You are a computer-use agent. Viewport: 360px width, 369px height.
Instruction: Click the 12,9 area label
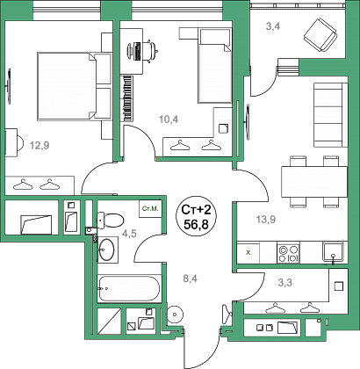coord(40,145)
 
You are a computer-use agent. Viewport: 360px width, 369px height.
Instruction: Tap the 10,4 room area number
coord(169,119)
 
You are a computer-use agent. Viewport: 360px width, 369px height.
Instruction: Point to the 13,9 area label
coord(266,219)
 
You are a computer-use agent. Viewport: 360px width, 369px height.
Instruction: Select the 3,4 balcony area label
coord(273,26)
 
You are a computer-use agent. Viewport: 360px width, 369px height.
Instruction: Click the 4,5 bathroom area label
coord(129,234)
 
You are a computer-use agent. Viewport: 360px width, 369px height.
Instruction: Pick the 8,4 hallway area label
coord(191,279)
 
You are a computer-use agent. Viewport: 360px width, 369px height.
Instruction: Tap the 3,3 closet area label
coord(284,283)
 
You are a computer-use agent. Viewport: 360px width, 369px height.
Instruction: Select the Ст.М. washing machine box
coord(150,209)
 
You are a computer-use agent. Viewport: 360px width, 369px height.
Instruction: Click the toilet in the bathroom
coord(111,220)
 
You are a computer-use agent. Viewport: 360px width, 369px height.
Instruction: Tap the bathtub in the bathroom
coord(129,288)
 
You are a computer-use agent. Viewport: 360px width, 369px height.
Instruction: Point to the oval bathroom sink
coord(106,250)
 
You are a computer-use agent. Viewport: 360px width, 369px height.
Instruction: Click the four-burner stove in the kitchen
coord(288,253)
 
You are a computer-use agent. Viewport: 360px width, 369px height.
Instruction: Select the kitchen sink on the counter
coord(333,252)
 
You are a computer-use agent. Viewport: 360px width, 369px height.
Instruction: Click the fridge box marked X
coord(248,252)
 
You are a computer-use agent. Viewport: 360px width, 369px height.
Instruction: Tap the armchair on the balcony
coord(320,34)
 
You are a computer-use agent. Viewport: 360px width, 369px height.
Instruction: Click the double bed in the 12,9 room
coord(75,86)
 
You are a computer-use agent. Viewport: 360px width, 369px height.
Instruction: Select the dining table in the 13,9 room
coord(314,182)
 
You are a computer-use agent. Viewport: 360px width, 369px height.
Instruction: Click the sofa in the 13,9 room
coord(331,115)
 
